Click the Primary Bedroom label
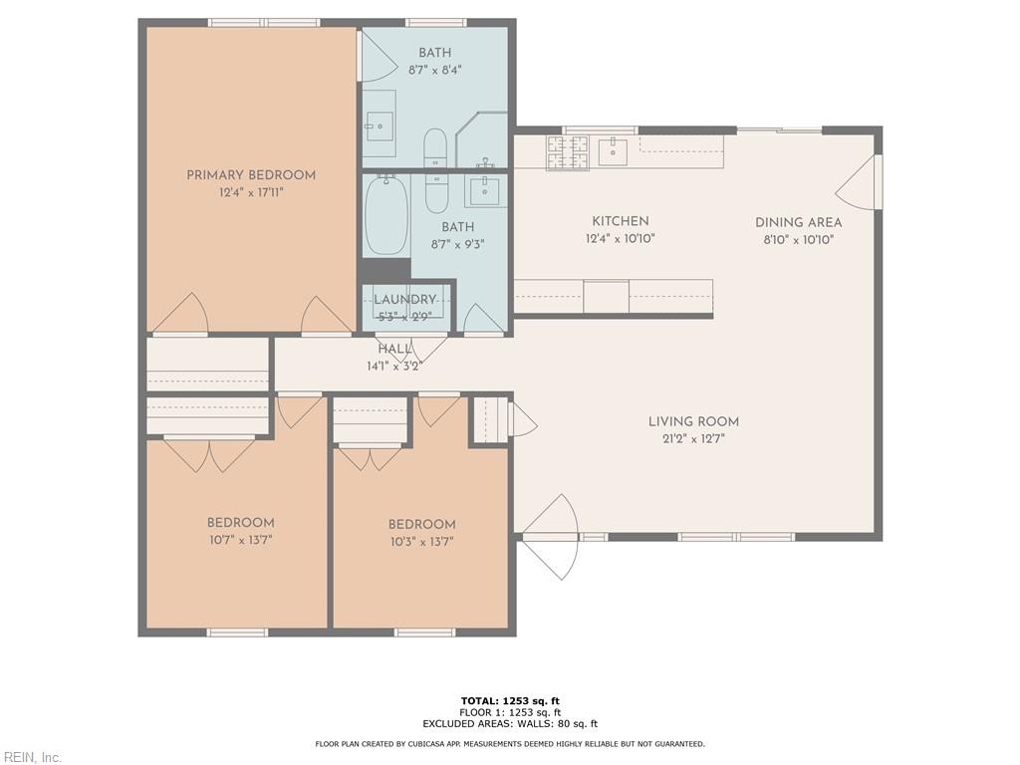coord(251,175)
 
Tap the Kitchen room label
coord(620,221)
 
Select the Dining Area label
coord(798,223)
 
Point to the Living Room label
coord(693,421)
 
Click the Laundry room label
coord(405,300)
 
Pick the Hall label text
coord(394,350)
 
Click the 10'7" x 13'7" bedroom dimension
coord(240,540)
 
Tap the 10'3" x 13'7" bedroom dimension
coord(421,542)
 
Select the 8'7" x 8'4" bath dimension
coord(434,70)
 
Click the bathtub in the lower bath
coord(385,215)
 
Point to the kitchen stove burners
coord(567,152)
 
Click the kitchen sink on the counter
coord(613,151)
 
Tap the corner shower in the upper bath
coord(484,140)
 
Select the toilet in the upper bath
coord(435,147)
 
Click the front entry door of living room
coord(550,537)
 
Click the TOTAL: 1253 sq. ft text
coord(510,700)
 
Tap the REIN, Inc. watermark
coord(32,757)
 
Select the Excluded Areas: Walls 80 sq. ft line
coord(510,724)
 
